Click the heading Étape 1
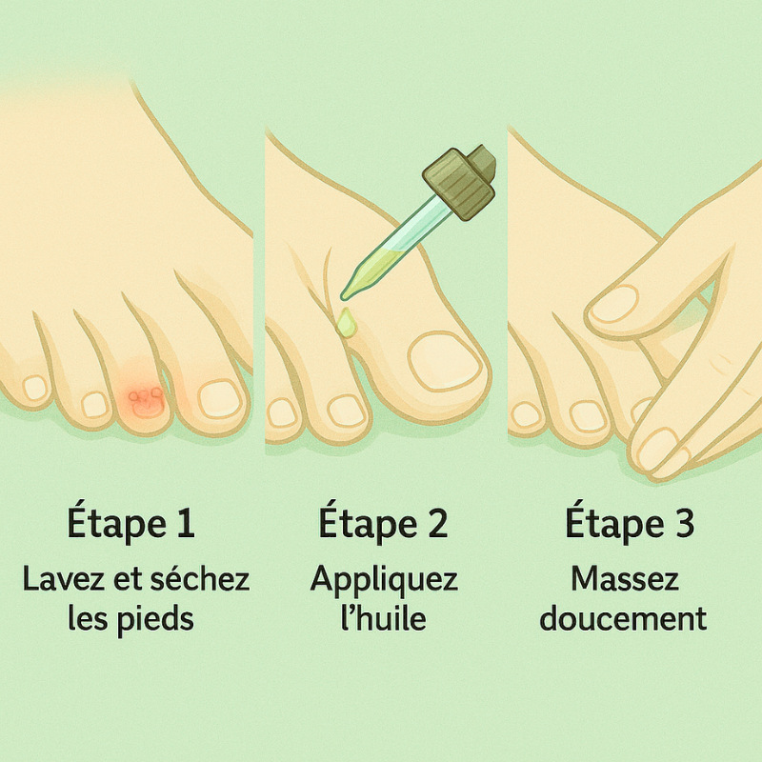[131, 525]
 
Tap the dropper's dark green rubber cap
[460, 180]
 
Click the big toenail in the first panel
[220, 397]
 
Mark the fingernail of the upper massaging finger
[615, 304]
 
